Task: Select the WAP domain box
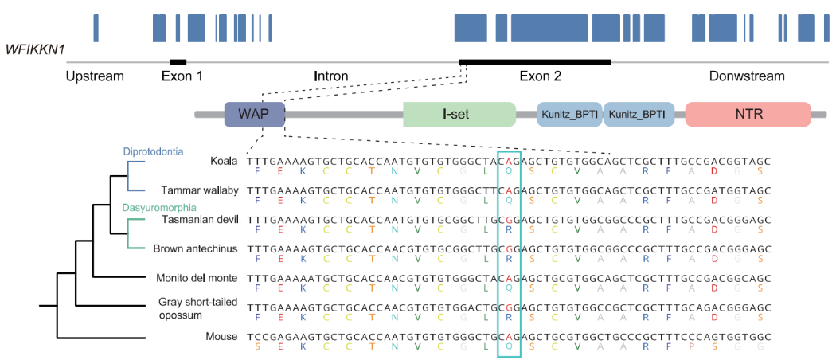tap(254, 114)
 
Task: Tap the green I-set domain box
tap(459, 114)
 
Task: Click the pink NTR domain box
tap(748, 114)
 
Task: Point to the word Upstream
tap(96, 76)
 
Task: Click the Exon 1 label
tap(182, 76)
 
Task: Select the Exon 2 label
tap(541, 76)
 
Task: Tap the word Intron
tap(330, 76)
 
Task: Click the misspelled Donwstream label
tap(747, 76)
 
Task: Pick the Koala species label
tap(224, 160)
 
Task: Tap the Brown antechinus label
tap(196, 248)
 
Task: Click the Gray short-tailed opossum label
tap(198, 307)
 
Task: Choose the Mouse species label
tap(221, 336)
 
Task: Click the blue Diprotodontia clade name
tap(154, 151)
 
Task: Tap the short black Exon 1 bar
tap(178, 61)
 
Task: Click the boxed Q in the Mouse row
tap(509, 346)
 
